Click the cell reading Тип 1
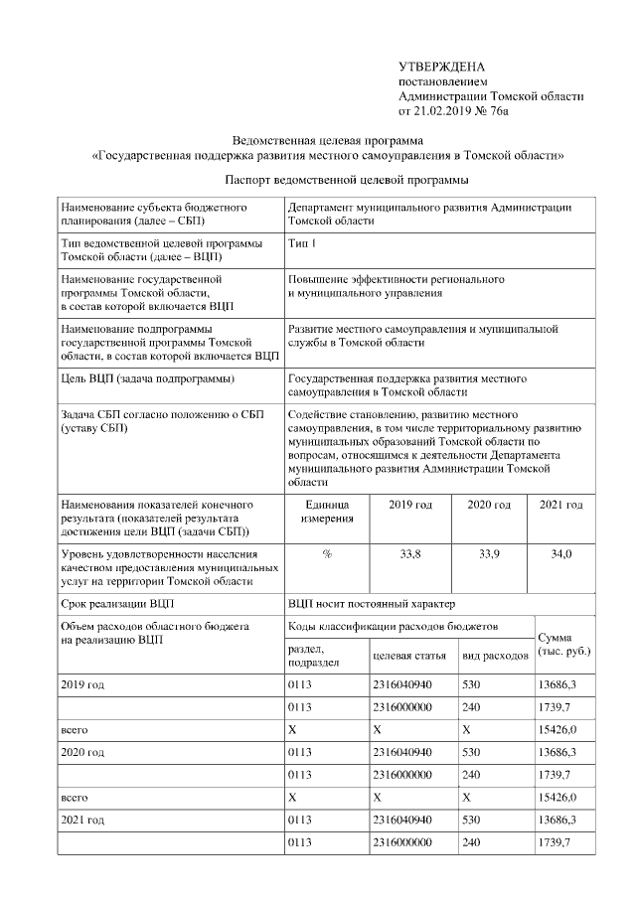click(x=302, y=242)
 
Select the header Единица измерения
click(x=326, y=512)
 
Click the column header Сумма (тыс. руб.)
click(x=563, y=643)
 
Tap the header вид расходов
click(x=495, y=657)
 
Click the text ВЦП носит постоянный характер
click(x=372, y=603)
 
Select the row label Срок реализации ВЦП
click(x=119, y=603)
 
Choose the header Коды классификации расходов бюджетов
click(x=393, y=626)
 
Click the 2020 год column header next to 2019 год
click(x=489, y=505)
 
